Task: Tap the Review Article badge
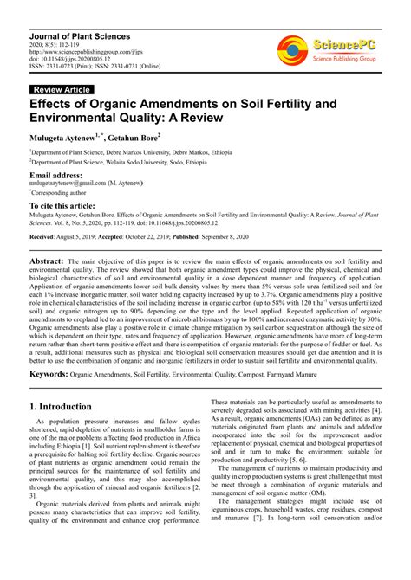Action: (61, 89)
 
